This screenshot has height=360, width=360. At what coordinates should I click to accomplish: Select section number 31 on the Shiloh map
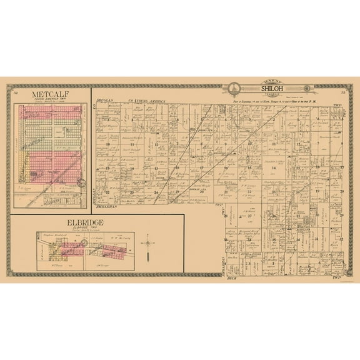click(x=317, y=238)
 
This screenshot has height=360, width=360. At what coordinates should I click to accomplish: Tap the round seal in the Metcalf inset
click(x=81, y=184)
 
